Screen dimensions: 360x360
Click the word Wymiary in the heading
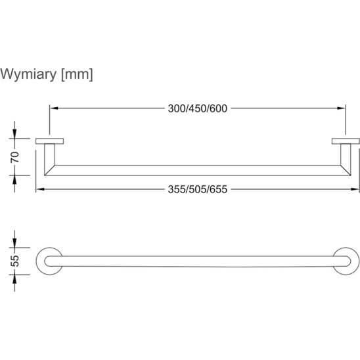click(x=28, y=74)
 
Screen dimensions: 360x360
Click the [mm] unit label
click(x=77, y=74)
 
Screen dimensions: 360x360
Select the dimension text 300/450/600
click(x=198, y=108)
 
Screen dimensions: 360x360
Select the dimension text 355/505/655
click(x=198, y=189)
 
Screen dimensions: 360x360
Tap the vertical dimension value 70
click(x=14, y=157)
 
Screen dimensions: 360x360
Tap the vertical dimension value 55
click(x=14, y=261)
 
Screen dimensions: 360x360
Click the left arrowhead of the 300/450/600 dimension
click(x=54, y=108)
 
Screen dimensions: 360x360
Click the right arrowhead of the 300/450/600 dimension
click(x=342, y=108)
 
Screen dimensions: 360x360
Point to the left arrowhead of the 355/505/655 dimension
click(x=40, y=189)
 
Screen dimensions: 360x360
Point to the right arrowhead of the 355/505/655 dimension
click(x=355, y=189)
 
